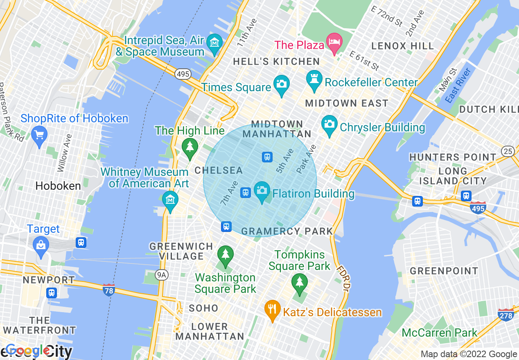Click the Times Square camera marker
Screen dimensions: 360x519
click(281, 84)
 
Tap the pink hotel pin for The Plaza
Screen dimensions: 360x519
click(334, 43)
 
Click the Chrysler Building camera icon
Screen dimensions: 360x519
click(329, 124)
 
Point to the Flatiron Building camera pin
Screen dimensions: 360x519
click(262, 191)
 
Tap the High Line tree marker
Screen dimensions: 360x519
click(190, 147)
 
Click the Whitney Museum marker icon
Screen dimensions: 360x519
click(170, 200)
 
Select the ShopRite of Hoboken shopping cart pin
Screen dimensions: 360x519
click(39, 135)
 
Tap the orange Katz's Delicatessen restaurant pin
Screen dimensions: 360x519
click(272, 309)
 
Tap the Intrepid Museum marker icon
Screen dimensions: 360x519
click(214, 43)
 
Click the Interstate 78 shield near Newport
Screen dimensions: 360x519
click(109, 290)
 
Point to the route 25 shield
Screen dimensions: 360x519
click(508, 151)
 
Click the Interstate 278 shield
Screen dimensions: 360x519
click(506, 315)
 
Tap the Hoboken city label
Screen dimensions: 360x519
click(58, 186)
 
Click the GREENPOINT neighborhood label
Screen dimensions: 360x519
click(444, 271)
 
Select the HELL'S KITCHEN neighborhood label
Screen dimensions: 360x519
click(276, 62)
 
